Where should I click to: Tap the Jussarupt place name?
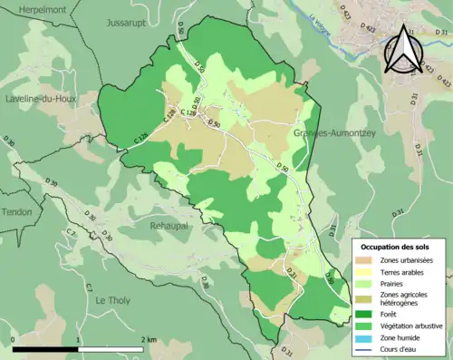tap(124, 21)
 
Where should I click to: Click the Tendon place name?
tap(16, 212)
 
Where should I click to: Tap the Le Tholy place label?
tap(114, 300)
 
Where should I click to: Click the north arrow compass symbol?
tap(403, 49)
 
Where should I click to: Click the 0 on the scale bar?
tap(14, 338)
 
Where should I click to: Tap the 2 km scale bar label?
tap(149, 338)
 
